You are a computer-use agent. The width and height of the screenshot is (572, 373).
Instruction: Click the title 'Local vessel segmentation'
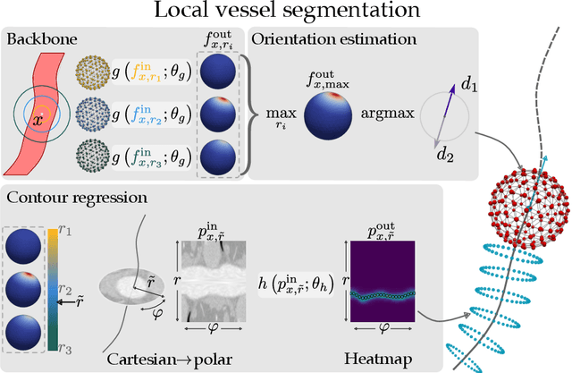click(286, 13)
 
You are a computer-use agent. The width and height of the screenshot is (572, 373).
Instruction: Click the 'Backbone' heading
click(39, 39)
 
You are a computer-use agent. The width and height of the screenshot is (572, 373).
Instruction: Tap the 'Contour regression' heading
click(65, 195)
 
